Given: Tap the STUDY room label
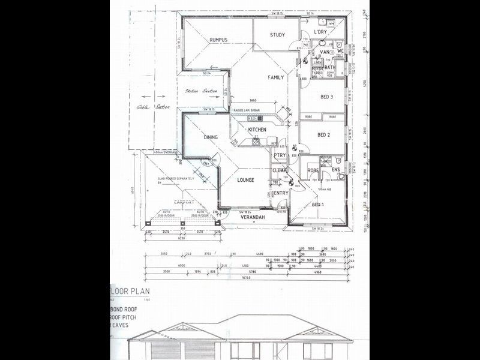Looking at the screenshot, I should point(277,35).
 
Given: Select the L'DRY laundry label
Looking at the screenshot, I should point(319,32).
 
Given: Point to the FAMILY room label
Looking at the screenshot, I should point(276,77).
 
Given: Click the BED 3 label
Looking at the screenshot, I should point(326,97).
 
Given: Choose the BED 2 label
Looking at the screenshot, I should point(325,135).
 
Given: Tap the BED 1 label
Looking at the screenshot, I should point(319,205).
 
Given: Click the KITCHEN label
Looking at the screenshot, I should point(257,130).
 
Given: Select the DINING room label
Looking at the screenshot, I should point(211,137).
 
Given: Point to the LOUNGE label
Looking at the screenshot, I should point(245,180).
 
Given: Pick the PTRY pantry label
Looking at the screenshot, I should point(280,155).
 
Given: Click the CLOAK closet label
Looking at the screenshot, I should point(280,170).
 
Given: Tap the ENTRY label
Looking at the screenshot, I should point(281,193).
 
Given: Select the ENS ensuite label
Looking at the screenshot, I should point(335,170).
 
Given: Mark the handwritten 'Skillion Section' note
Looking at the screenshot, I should point(201,91).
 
